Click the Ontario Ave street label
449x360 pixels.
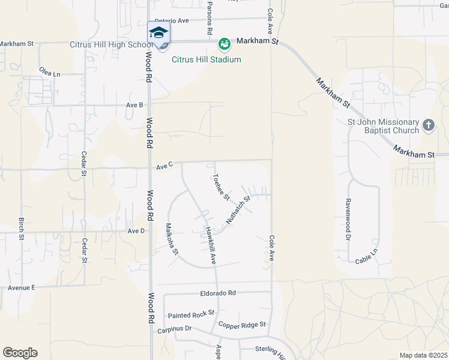[172, 20]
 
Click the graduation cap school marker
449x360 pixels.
[158, 32]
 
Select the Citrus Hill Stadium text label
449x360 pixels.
[206, 59]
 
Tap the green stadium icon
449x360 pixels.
[224, 44]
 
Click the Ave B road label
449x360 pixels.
[134, 105]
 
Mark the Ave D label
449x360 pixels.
[136, 231]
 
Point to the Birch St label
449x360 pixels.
[22, 229]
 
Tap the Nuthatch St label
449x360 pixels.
[238, 210]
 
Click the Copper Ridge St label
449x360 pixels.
[242, 325]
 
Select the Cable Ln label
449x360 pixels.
[366, 259]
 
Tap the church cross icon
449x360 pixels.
[428, 125]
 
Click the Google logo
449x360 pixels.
[20, 353]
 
